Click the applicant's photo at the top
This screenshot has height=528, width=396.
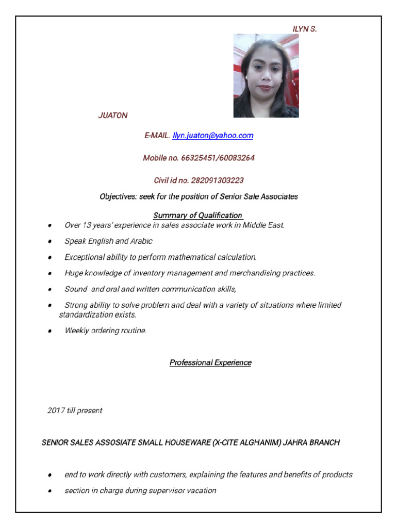[x=266, y=76]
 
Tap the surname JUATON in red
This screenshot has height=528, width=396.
[x=113, y=115]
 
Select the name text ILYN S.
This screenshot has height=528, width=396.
[x=305, y=29]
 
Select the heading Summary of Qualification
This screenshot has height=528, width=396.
[x=198, y=215]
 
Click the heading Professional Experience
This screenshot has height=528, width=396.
[x=210, y=362]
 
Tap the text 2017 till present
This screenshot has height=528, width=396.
[x=75, y=410]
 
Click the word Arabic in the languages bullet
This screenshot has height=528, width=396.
[x=141, y=241]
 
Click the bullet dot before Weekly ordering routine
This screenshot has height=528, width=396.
[x=49, y=331]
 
